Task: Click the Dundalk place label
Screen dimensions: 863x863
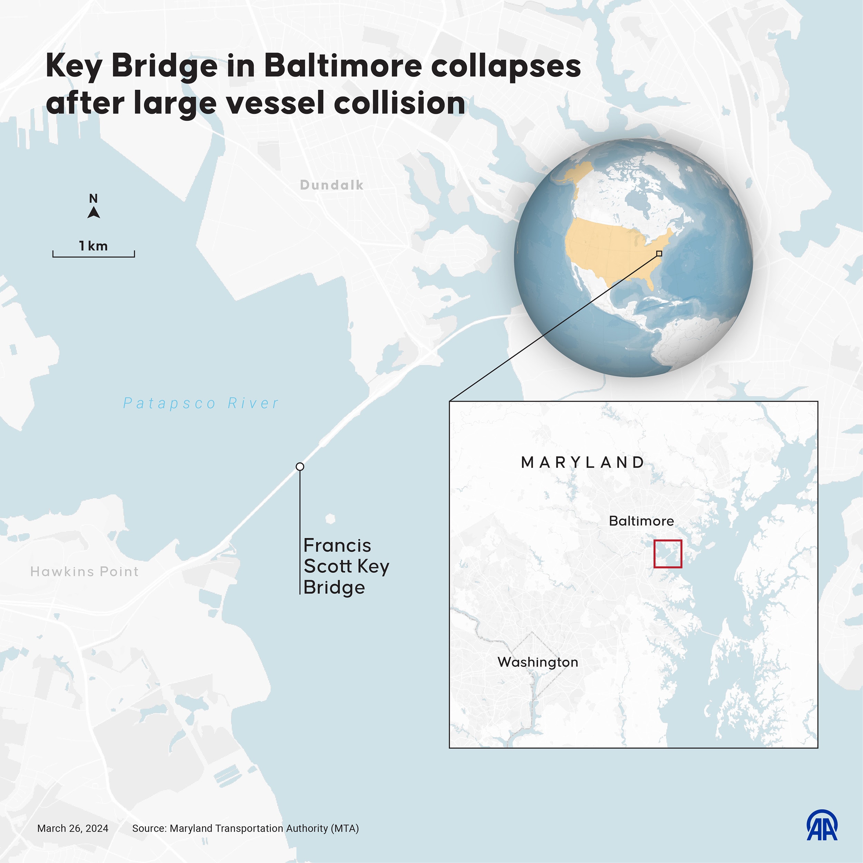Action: [x=331, y=185]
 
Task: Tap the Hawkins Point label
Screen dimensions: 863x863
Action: [x=85, y=571]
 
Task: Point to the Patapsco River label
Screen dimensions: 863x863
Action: [x=201, y=403]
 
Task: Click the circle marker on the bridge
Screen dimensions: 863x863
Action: [x=300, y=466]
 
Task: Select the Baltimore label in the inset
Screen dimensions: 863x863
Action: [x=641, y=521]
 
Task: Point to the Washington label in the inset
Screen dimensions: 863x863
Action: [x=537, y=662]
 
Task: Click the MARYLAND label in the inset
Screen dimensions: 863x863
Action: [x=583, y=462]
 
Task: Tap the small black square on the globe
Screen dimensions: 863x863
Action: [x=659, y=253]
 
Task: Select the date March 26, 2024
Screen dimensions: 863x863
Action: [x=73, y=828]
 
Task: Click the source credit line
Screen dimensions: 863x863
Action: [x=245, y=828]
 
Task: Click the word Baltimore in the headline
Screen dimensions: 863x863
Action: [x=342, y=66]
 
